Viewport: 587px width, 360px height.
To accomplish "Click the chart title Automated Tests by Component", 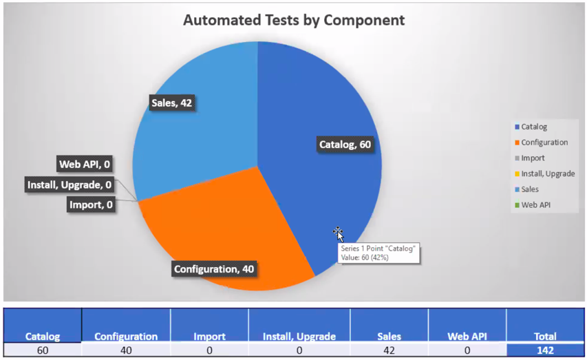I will click(x=294, y=20).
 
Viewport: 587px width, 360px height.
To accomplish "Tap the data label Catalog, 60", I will click(x=345, y=145).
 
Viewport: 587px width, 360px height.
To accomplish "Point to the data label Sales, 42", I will click(x=171, y=103).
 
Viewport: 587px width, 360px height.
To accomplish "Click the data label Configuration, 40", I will click(x=214, y=268).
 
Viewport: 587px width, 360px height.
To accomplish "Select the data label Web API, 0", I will click(x=85, y=164).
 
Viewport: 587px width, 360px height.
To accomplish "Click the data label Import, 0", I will click(x=91, y=204).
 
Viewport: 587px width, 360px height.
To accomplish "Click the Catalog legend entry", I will click(x=534, y=127).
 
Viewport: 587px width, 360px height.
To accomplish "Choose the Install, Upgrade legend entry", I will click(x=547, y=173).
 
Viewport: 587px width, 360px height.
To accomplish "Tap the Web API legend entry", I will click(x=535, y=204).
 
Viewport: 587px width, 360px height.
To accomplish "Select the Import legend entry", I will click(x=533, y=158).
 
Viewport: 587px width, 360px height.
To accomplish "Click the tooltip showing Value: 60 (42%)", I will click(x=377, y=253).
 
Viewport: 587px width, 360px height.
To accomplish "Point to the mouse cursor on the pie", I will click(x=338, y=234).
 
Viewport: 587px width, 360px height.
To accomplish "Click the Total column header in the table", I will click(x=545, y=337).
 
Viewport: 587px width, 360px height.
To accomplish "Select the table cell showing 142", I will click(x=545, y=350).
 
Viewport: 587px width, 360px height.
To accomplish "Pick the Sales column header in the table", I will click(x=389, y=337).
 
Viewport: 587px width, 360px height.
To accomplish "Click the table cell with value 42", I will click(x=389, y=350).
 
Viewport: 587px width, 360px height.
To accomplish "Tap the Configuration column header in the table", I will click(x=126, y=337).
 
